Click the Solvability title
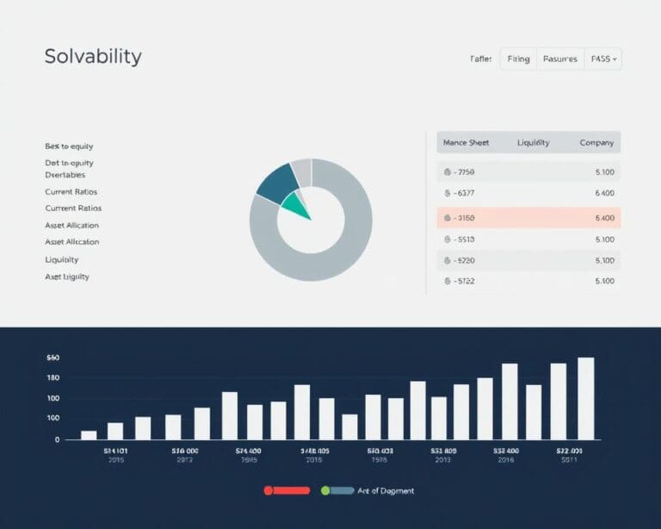[x=93, y=58]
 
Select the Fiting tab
[x=518, y=59]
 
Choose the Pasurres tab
[x=560, y=59]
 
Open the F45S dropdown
[x=602, y=59]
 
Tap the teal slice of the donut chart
[x=295, y=204]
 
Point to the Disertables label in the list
[x=65, y=174]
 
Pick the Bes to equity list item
[x=69, y=146]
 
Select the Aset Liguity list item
[x=67, y=277]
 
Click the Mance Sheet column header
[x=466, y=142]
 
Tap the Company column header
[x=596, y=142]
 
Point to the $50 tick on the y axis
[x=53, y=357]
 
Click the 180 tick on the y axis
[x=53, y=377]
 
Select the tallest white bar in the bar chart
[x=586, y=398]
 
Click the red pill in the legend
[x=287, y=490]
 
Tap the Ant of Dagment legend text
[x=386, y=490]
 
